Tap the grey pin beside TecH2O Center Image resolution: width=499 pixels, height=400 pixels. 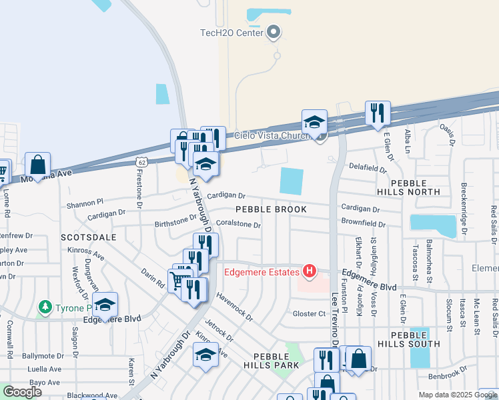(x=273, y=31)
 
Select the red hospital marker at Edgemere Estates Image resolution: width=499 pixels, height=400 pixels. (x=310, y=271)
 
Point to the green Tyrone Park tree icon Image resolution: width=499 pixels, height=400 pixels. (x=45, y=307)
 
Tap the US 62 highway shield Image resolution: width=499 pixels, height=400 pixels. (x=141, y=161)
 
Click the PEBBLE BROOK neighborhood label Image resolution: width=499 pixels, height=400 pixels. (x=271, y=209)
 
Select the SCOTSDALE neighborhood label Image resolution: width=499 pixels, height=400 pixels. (x=88, y=237)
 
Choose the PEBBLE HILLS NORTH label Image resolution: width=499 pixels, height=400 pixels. (x=415, y=187)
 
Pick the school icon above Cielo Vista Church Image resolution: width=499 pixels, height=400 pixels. (x=314, y=123)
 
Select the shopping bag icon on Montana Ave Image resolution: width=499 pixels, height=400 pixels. (x=38, y=165)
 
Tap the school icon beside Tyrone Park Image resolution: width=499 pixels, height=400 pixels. (x=105, y=305)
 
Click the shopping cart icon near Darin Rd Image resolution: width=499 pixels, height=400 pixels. (x=177, y=280)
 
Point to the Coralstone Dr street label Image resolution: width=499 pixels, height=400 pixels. (x=238, y=225)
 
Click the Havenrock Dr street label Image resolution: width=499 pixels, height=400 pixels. (x=235, y=309)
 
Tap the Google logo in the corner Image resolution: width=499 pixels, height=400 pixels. (x=22, y=392)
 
